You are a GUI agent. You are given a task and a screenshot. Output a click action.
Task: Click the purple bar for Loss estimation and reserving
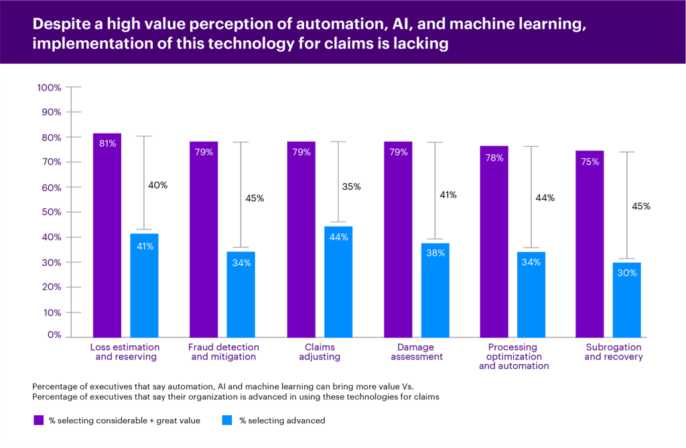pos(107,235)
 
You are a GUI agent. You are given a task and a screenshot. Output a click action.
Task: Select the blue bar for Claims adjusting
pos(338,282)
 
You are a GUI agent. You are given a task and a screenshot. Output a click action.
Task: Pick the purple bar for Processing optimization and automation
pos(494,241)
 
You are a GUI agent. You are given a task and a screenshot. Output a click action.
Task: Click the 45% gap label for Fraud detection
pos(255,199)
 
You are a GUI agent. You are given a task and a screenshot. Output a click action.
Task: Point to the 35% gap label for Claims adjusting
pos(351,187)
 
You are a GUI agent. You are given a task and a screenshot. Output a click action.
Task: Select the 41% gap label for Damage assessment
pos(448,195)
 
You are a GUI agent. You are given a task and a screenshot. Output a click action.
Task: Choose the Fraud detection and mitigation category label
pos(223,352)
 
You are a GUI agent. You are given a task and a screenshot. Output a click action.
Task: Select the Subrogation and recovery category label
pos(614,352)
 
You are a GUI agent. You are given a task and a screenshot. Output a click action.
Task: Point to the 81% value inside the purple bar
pos(107,143)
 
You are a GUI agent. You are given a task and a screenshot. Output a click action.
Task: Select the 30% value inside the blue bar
pos(627,272)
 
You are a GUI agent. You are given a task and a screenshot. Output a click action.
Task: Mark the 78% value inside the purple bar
pos(494,158)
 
